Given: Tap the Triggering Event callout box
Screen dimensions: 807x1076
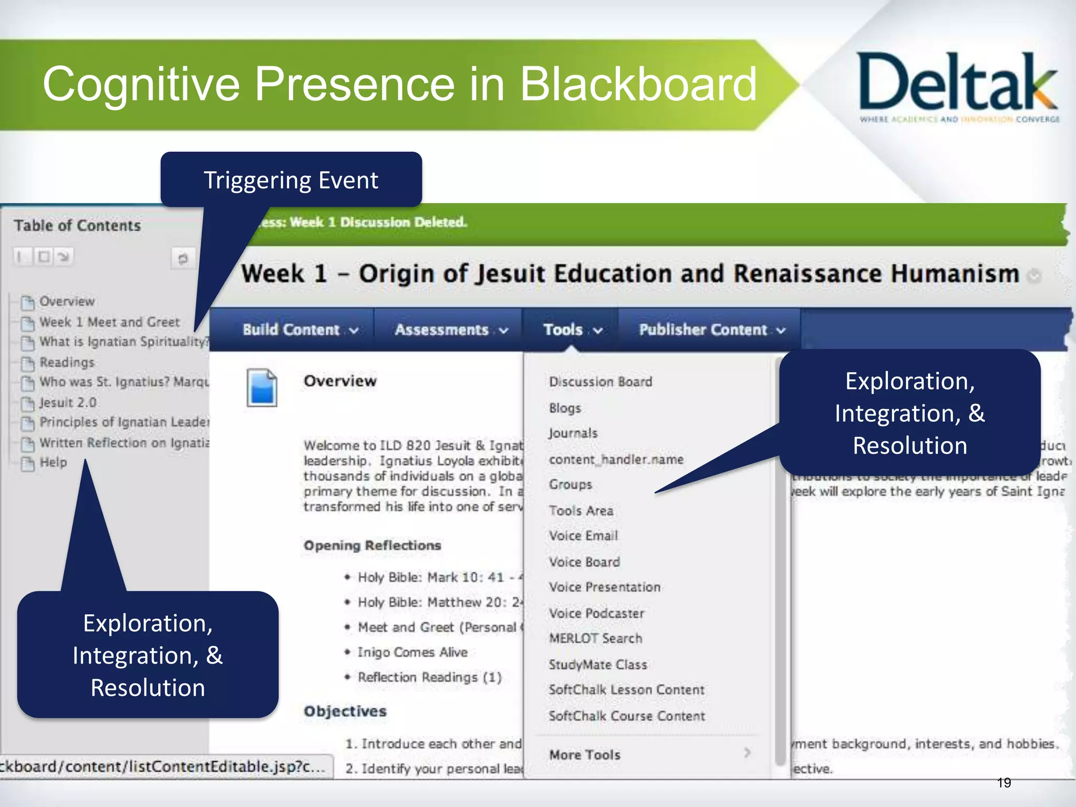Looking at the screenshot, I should point(291,180).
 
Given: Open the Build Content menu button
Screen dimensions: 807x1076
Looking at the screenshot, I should point(300,330).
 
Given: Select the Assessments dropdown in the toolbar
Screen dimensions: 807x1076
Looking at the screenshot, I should point(451,330).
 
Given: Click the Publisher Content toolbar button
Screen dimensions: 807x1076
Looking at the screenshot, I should point(711,330).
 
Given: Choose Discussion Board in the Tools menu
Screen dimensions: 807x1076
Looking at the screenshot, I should point(601,382).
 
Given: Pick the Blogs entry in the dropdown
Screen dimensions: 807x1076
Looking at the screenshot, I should point(565,408).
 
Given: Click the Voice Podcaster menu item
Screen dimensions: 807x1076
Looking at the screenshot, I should point(596,613).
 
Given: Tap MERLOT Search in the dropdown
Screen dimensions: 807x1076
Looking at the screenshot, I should point(595,638).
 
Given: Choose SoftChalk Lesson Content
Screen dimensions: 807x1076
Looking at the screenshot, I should point(626,690).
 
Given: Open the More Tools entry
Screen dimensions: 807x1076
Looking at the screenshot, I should point(585,754).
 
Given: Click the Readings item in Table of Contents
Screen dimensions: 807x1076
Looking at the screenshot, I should point(67,363).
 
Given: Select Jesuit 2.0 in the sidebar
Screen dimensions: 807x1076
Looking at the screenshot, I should point(68,403).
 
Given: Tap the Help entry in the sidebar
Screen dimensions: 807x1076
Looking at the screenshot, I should point(53,462).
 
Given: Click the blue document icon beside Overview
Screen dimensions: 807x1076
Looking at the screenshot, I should point(262,388).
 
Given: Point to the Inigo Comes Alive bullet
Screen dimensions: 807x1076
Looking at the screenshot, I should point(412,652).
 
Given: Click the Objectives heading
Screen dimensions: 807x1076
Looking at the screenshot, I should point(345,711).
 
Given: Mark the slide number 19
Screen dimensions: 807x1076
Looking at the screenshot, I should point(1003,783).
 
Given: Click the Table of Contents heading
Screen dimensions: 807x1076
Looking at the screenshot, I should point(77,225).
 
